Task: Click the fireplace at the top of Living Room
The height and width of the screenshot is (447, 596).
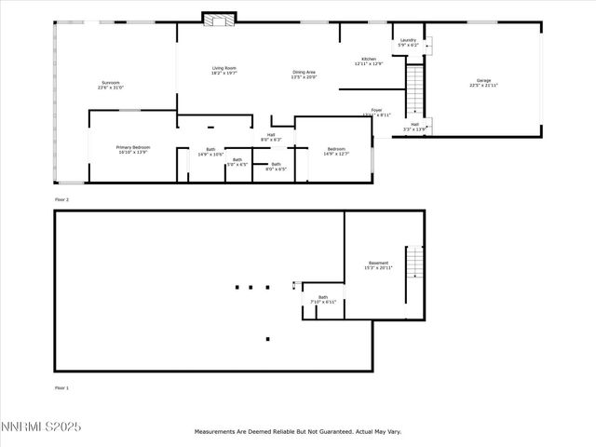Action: click(220, 19)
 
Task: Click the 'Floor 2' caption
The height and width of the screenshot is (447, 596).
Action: click(61, 199)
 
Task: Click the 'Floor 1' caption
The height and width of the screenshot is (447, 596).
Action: click(61, 386)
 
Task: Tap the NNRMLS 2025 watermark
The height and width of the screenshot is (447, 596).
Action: click(41, 427)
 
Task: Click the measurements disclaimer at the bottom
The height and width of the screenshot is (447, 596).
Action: click(297, 432)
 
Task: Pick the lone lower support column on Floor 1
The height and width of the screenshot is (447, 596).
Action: click(267, 339)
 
